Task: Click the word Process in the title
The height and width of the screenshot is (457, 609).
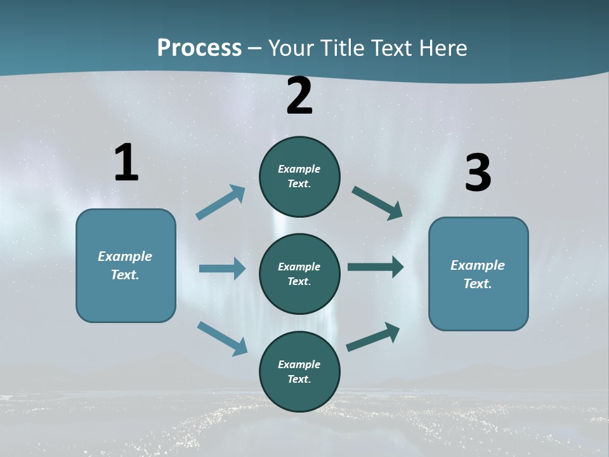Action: [x=199, y=48]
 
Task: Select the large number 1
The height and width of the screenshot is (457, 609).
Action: [x=126, y=162]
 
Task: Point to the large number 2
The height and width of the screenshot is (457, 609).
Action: [x=299, y=96]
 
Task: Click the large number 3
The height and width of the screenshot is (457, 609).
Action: [x=478, y=173]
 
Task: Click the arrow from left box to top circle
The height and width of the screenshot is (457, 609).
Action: [x=221, y=202]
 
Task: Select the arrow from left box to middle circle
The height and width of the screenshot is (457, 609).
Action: [x=222, y=268]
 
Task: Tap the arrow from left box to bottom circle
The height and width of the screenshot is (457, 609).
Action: [x=222, y=338]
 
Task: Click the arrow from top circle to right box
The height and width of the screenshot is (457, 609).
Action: [x=377, y=202]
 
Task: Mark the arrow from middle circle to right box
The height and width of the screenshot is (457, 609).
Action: [x=376, y=267]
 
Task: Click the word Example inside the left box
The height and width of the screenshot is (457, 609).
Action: [x=125, y=256]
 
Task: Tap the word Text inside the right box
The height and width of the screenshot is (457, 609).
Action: [x=477, y=284]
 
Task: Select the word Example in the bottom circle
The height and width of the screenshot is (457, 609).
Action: [x=299, y=364]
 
